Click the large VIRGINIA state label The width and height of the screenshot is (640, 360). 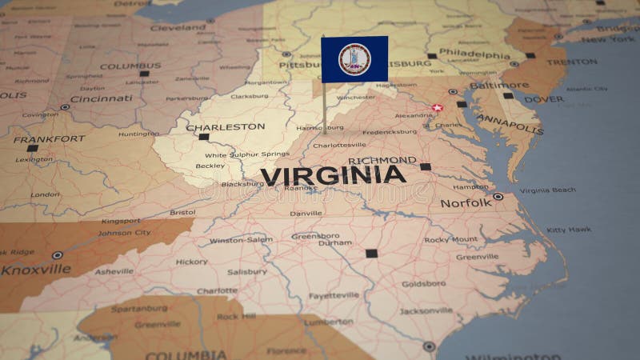(333, 176)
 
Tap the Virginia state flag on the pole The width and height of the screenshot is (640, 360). (354, 59)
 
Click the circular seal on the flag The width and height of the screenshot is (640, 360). (354, 59)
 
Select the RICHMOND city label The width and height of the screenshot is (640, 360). (382, 161)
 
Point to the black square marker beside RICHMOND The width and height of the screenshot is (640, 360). (426, 166)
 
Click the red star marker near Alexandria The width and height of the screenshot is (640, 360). (437, 107)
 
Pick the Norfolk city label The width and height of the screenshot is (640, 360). (466, 203)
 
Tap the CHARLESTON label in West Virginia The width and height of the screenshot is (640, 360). (225, 126)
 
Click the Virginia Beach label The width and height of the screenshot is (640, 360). (547, 190)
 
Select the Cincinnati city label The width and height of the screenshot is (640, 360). (101, 98)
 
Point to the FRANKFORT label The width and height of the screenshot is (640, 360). (48, 139)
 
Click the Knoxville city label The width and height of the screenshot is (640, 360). (35, 270)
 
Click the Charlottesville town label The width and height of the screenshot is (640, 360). (339, 146)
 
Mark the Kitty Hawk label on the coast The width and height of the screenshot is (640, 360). (569, 230)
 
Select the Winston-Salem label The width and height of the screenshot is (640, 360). (241, 240)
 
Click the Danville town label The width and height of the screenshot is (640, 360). (306, 214)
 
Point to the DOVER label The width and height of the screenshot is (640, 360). (543, 99)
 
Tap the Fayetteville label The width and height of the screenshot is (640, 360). (334, 295)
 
